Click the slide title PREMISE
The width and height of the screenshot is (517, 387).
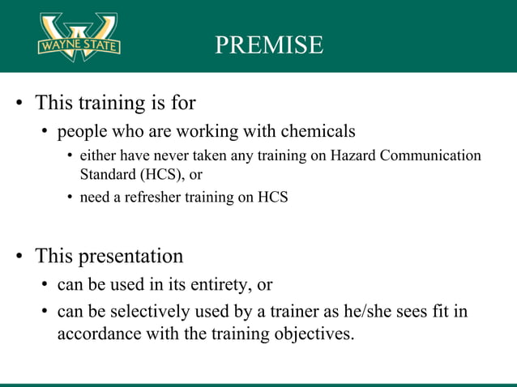click(269, 45)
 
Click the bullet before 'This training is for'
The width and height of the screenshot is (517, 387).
click(18, 104)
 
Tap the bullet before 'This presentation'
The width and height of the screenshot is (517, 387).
click(18, 257)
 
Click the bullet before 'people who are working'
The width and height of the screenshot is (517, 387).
click(45, 131)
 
